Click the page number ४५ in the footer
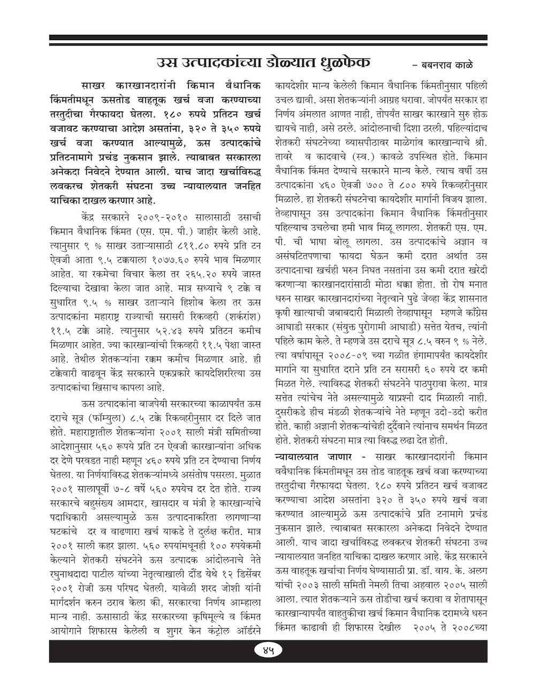[x=267, y=651]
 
